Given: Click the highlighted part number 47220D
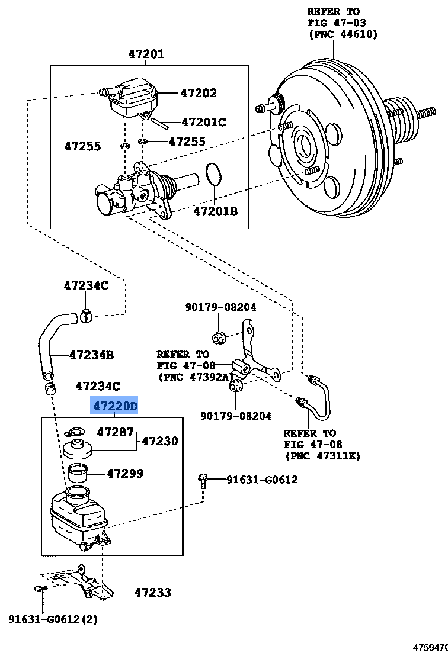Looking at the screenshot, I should pyautogui.click(x=114, y=406).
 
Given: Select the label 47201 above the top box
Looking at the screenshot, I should pyautogui.click(x=146, y=54).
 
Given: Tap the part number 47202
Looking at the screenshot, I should pyautogui.click(x=199, y=93).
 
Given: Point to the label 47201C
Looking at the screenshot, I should pyautogui.click(x=203, y=122).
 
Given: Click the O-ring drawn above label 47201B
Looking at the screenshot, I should pyautogui.click(x=215, y=175).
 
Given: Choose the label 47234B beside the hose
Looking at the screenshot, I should pyautogui.click(x=91, y=355).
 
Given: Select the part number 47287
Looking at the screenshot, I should pyautogui.click(x=116, y=432).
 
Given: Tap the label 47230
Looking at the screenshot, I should pyautogui.click(x=160, y=441).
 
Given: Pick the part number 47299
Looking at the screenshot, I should pyautogui.click(x=125, y=474).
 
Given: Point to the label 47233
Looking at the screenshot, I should pyautogui.click(x=152, y=592).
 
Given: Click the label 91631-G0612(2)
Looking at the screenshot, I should pyautogui.click(x=53, y=619).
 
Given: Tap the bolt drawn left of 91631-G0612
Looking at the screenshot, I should pyautogui.click(x=204, y=480).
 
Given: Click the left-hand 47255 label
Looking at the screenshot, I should pyautogui.click(x=82, y=146).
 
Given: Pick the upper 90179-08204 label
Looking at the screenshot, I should pyautogui.click(x=220, y=307).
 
